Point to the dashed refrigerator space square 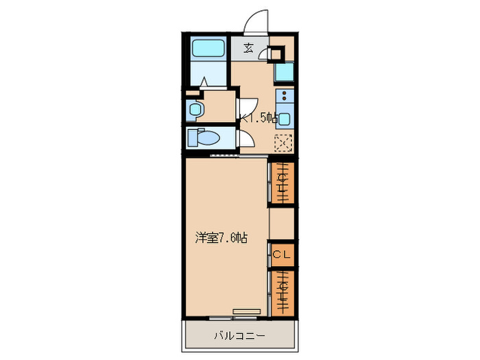pyautogui.click(x=283, y=143)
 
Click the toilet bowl pyautogui.click(x=206, y=138)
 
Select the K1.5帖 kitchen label pyautogui.click(x=259, y=117)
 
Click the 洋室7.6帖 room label pyautogui.click(x=221, y=238)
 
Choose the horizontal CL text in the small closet pyautogui.click(x=283, y=254)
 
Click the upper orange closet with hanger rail pyautogui.click(x=282, y=182)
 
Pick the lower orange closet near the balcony pyautogui.click(x=282, y=291)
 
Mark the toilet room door pyautogui.click(x=245, y=139)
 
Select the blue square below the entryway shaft pyautogui.click(x=285, y=72)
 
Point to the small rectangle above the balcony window pyautogui.click(x=246, y=311)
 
